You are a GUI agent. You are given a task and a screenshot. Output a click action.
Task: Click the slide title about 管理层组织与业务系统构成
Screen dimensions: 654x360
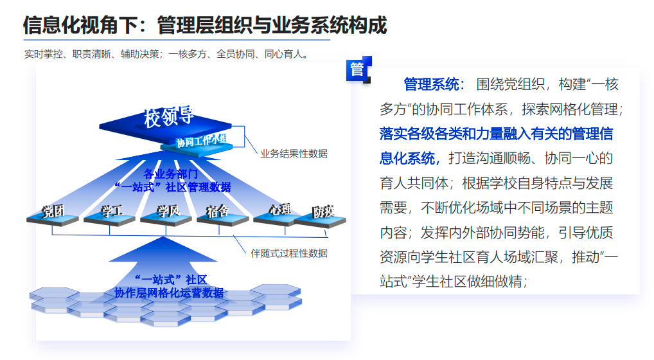tap(205, 25)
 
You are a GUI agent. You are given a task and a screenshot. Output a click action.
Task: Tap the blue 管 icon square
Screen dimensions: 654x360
tap(357, 69)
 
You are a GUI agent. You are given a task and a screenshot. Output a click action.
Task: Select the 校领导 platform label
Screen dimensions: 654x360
tap(169, 117)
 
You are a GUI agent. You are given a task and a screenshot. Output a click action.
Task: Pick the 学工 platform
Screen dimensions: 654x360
tap(111, 212)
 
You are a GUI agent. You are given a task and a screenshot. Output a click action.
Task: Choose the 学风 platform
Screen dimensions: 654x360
tap(168, 212)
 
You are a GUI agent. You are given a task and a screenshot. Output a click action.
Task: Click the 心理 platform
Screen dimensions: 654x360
tap(280, 210)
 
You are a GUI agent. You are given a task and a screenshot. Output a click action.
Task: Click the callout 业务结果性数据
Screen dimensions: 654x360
tap(294, 154)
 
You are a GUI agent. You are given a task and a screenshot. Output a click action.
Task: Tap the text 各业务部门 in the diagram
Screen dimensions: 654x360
tap(170, 174)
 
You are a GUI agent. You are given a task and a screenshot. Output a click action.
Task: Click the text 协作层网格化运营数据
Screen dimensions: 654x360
tap(169, 293)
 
